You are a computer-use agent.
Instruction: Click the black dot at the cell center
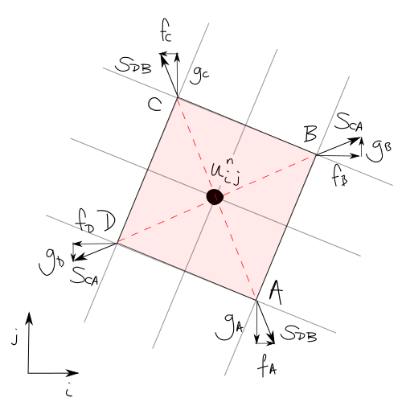click(215, 197)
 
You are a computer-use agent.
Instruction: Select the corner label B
click(311, 133)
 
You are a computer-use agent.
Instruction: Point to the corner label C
click(155, 105)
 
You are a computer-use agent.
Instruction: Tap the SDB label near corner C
click(133, 65)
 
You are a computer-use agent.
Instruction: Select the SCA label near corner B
click(349, 122)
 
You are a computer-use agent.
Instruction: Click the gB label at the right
click(379, 150)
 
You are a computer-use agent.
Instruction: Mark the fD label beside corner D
click(86, 220)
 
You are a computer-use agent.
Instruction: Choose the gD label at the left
click(51, 261)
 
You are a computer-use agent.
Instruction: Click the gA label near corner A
click(229, 327)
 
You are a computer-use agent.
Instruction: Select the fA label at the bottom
click(267, 365)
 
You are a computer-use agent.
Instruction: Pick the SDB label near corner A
click(298, 334)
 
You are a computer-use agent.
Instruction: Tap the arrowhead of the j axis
click(29, 318)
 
